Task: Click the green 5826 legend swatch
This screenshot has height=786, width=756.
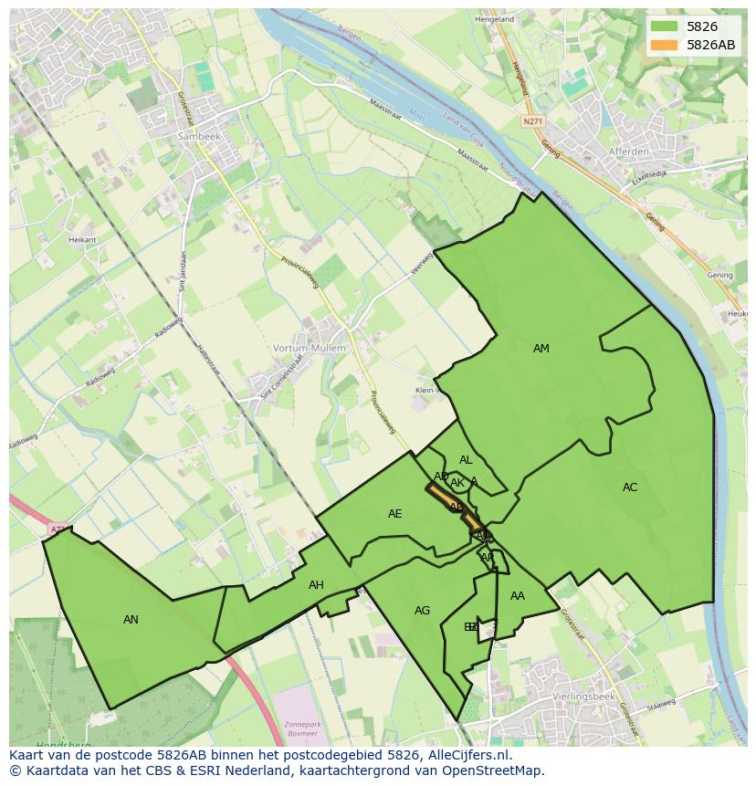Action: (x=664, y=26)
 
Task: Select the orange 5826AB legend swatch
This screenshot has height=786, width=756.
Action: (x=664, y=45)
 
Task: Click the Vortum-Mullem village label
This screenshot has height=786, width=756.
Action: (x=310, y=348)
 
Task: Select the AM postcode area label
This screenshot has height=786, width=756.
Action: (x=541, y=349)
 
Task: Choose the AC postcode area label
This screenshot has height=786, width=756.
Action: (x=630, y=487)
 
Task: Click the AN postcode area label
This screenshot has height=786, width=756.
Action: (x=131, y=620)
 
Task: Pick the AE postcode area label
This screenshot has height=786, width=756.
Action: (x=394, y=514)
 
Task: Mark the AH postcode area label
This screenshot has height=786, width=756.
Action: (x=316, y=585)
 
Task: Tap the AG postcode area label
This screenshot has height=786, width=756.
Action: (x=422, y=611)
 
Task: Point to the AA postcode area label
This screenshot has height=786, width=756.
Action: (x=518, y=596)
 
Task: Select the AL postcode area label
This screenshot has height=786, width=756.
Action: (x=466, y=460)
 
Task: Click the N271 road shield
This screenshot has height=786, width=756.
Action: (x=533, y=121)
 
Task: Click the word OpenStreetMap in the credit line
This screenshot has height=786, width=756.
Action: (x=495, y=770)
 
